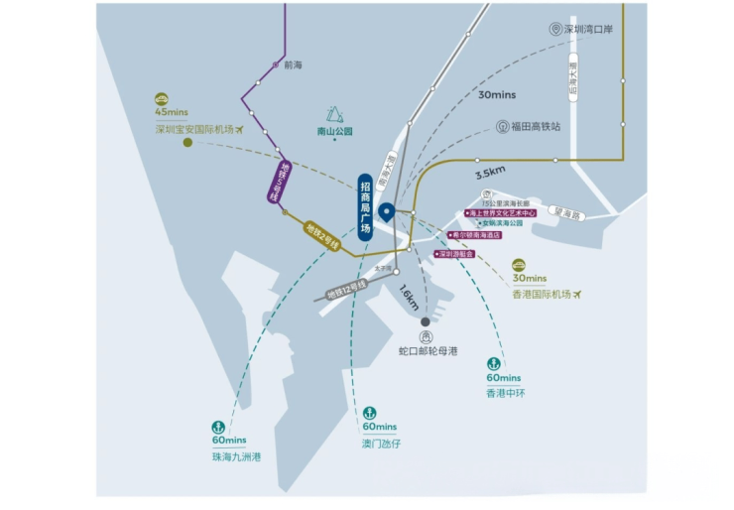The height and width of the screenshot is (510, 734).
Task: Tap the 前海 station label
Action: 292,65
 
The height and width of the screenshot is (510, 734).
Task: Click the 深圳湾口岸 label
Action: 588,30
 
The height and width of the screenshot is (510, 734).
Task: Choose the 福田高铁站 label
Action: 536,127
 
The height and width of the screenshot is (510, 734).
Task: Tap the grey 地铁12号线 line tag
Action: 347,289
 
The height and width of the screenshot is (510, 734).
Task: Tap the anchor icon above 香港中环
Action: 493,364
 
